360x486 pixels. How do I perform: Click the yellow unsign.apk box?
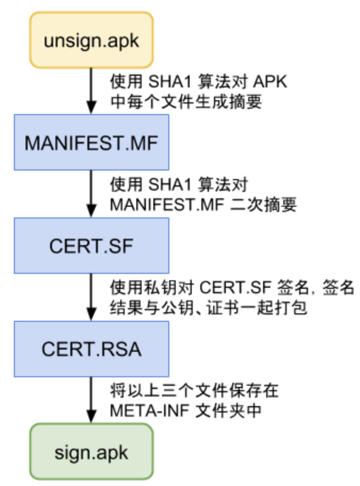(92, 41)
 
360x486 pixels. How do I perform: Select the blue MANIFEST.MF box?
(92, 143)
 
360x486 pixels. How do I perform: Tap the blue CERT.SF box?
(92, 245)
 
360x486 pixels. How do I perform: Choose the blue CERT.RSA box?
(92, 349)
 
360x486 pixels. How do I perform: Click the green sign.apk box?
(92, 452)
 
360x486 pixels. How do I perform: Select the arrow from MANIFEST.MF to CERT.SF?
(92, 194)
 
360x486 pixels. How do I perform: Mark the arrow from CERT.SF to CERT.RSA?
(92, 297)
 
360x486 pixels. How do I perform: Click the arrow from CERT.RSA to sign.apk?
(92, 400)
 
